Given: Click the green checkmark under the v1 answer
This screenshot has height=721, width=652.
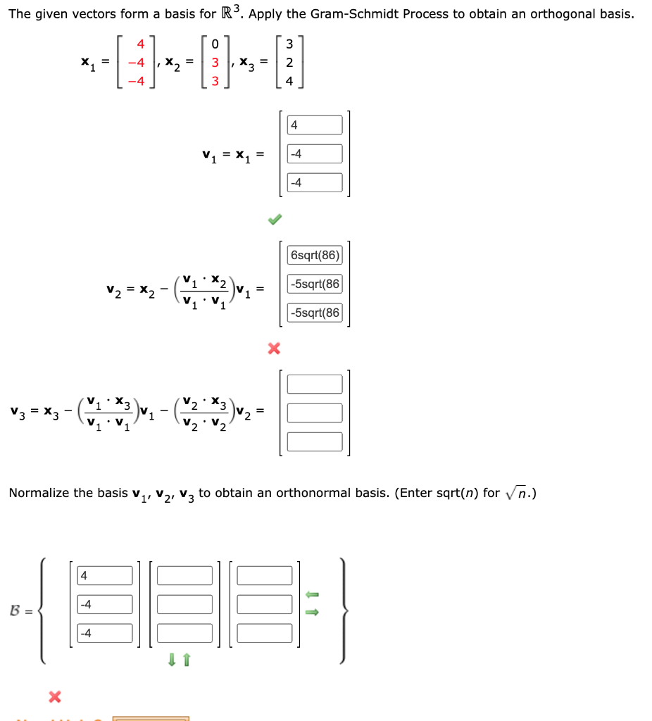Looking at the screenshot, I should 274,220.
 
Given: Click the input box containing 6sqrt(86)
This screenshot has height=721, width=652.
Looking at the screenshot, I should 315,255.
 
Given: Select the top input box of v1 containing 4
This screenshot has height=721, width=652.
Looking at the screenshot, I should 315,125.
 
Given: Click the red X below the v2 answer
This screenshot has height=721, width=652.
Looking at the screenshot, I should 274,348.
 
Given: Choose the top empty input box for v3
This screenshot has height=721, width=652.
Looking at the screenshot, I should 315,384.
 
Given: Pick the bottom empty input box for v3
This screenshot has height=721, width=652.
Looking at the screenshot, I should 315,441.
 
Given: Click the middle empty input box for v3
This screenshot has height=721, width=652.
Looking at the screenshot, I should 315,413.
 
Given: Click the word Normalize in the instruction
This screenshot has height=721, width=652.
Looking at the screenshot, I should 38,493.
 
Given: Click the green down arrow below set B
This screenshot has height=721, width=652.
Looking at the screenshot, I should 171,660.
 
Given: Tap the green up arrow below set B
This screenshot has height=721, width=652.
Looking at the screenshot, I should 186,660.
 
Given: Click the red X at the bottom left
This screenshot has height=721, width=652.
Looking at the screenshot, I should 54,697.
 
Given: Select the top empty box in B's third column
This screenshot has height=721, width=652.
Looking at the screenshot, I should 265,575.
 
